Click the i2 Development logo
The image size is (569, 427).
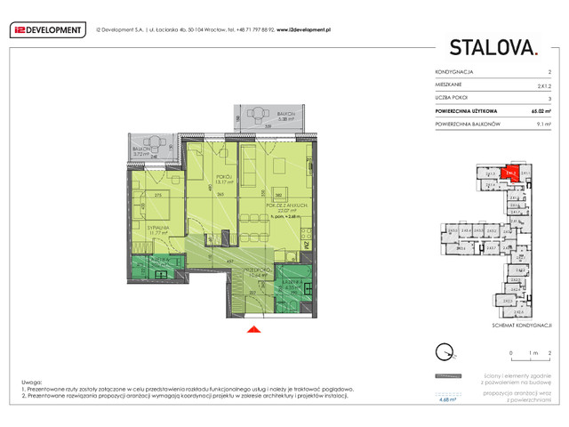click(x=47, y=29)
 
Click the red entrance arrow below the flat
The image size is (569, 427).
click(x=252, y=331)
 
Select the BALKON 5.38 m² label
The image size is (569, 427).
click(x=260, y=117)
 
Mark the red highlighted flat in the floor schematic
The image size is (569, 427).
click(x=510, y=175)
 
